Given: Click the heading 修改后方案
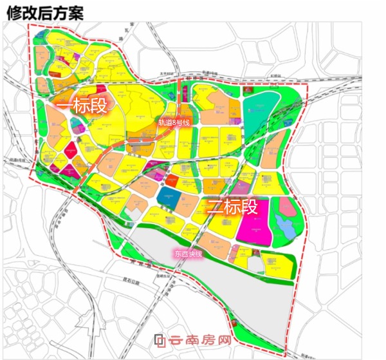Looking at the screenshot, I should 44,11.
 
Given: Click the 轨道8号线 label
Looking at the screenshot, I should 175,122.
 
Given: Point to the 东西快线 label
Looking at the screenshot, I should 188,253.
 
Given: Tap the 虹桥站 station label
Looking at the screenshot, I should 279,75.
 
